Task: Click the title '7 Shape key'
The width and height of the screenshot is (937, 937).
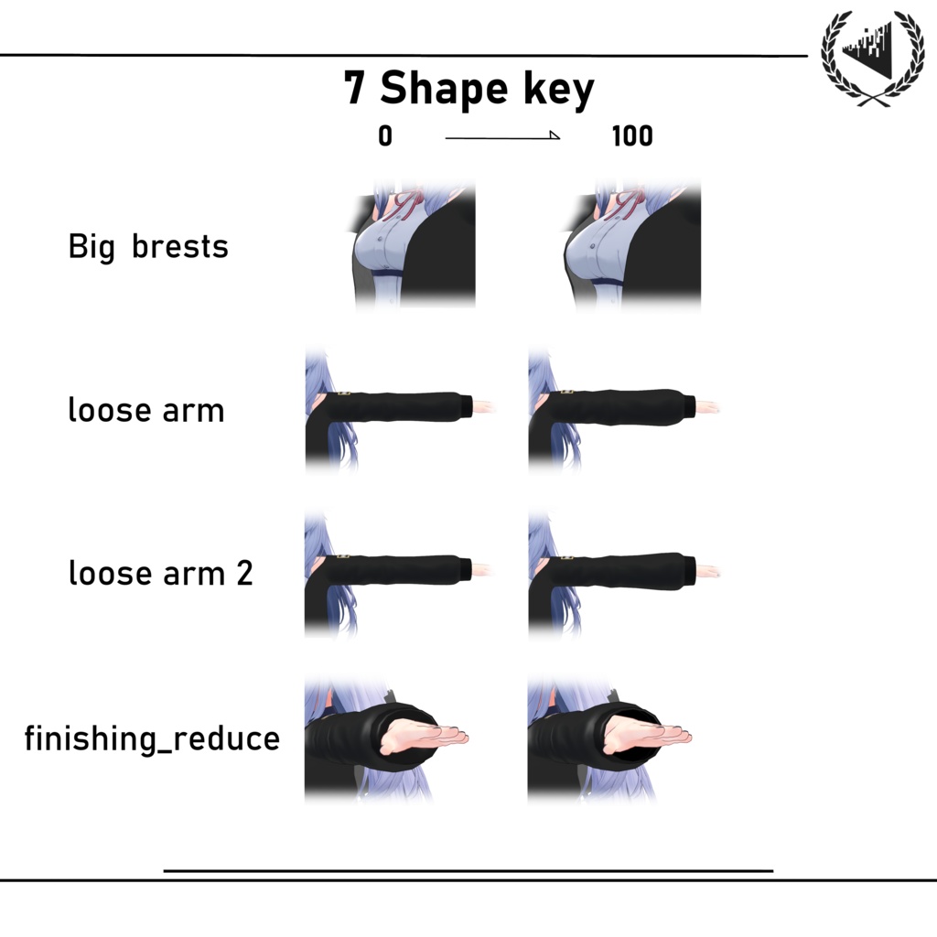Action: pyautogui.click(x=469, y=89)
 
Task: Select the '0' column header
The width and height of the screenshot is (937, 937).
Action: pyautogui.click(x=385, y=136)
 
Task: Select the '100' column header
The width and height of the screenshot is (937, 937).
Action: pyautogui.click(x=632, y=136)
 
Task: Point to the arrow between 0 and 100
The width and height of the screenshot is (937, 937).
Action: pyautogui.click(x=502, y=137)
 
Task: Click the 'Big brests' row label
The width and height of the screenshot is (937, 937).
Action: pyautogui.click(x=148, y=246)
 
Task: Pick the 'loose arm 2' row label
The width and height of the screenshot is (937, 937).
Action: pyautogui.click(x=160, y=573)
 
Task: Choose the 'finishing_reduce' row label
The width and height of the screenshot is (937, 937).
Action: pyautogui.click(x=152, y=738)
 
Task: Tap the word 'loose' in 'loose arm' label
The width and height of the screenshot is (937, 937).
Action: pyautogui.click(x=110, y=410)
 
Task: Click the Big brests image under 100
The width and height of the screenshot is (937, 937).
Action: pyautogui.click(x=632, y=243)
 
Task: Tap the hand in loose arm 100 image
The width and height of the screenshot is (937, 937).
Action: pyautogui.click(x=707, y=407)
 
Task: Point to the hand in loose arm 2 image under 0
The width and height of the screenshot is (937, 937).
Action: pyautogui.click(x=482, y=569)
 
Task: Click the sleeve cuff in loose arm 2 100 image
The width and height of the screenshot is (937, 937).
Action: pyautogui.click(x=689, y=568)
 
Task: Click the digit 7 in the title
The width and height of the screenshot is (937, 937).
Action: pyautogui.click(x=354, y=87)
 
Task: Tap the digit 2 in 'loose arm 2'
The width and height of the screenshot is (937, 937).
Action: pyautogui.click(x=244, y=573)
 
